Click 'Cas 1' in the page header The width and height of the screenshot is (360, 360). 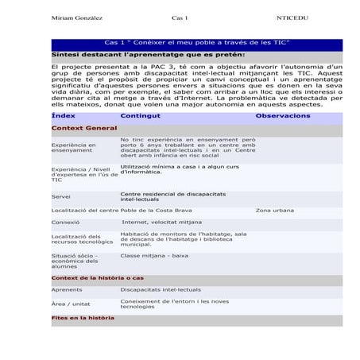pos(180,17)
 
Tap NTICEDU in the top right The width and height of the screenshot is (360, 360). pos(292,17)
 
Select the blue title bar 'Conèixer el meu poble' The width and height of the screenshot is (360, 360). pos(196,43)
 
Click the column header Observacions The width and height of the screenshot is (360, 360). pos(283,116)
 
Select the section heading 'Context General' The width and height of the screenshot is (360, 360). pos(84,128)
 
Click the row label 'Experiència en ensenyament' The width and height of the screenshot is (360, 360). pos(73,148)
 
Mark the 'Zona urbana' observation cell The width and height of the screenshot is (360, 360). pos(274,210)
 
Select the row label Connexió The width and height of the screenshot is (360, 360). pos(65,223)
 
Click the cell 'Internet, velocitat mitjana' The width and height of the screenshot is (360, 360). pos(161,223)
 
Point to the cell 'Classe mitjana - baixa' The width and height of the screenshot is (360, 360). pos(154,256)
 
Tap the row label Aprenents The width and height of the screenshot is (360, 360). pos(66,290)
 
